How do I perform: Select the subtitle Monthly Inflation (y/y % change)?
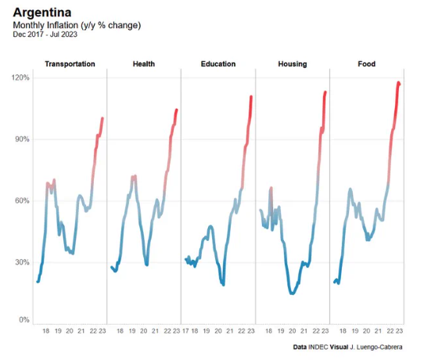(x=77, y=25)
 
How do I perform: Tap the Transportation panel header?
(x=70, y=64)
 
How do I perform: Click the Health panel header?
(x=144, y=64)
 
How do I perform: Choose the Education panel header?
(x=217, y=64)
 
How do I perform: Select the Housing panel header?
(x=293, y=64)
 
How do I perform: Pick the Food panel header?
(x=366, y=64)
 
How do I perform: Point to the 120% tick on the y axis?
(x=20, y=78)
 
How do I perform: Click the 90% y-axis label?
(x=22, y=139)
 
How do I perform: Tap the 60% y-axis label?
(x=22, y=201)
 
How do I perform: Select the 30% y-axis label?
(x=22, y=262)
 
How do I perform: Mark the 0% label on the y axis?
(x=24, y=320)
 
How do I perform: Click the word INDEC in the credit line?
(x=315, y=346)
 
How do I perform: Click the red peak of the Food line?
(x=398, y=82)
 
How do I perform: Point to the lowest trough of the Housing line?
(x=292, y=293)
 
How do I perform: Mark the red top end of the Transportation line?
(x=102, y=118)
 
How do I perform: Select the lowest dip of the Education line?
(x=223, y=284)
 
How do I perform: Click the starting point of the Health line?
(x=111, y=267)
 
